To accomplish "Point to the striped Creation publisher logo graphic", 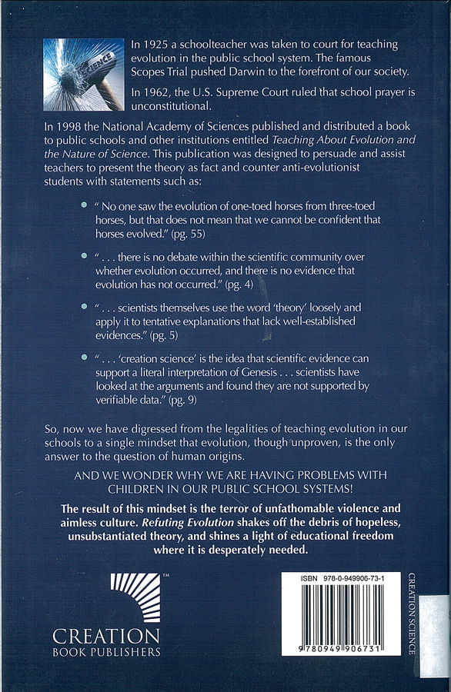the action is point(135,598).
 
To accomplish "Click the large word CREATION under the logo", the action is point(106,636).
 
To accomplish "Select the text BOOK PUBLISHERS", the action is point(106,652).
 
